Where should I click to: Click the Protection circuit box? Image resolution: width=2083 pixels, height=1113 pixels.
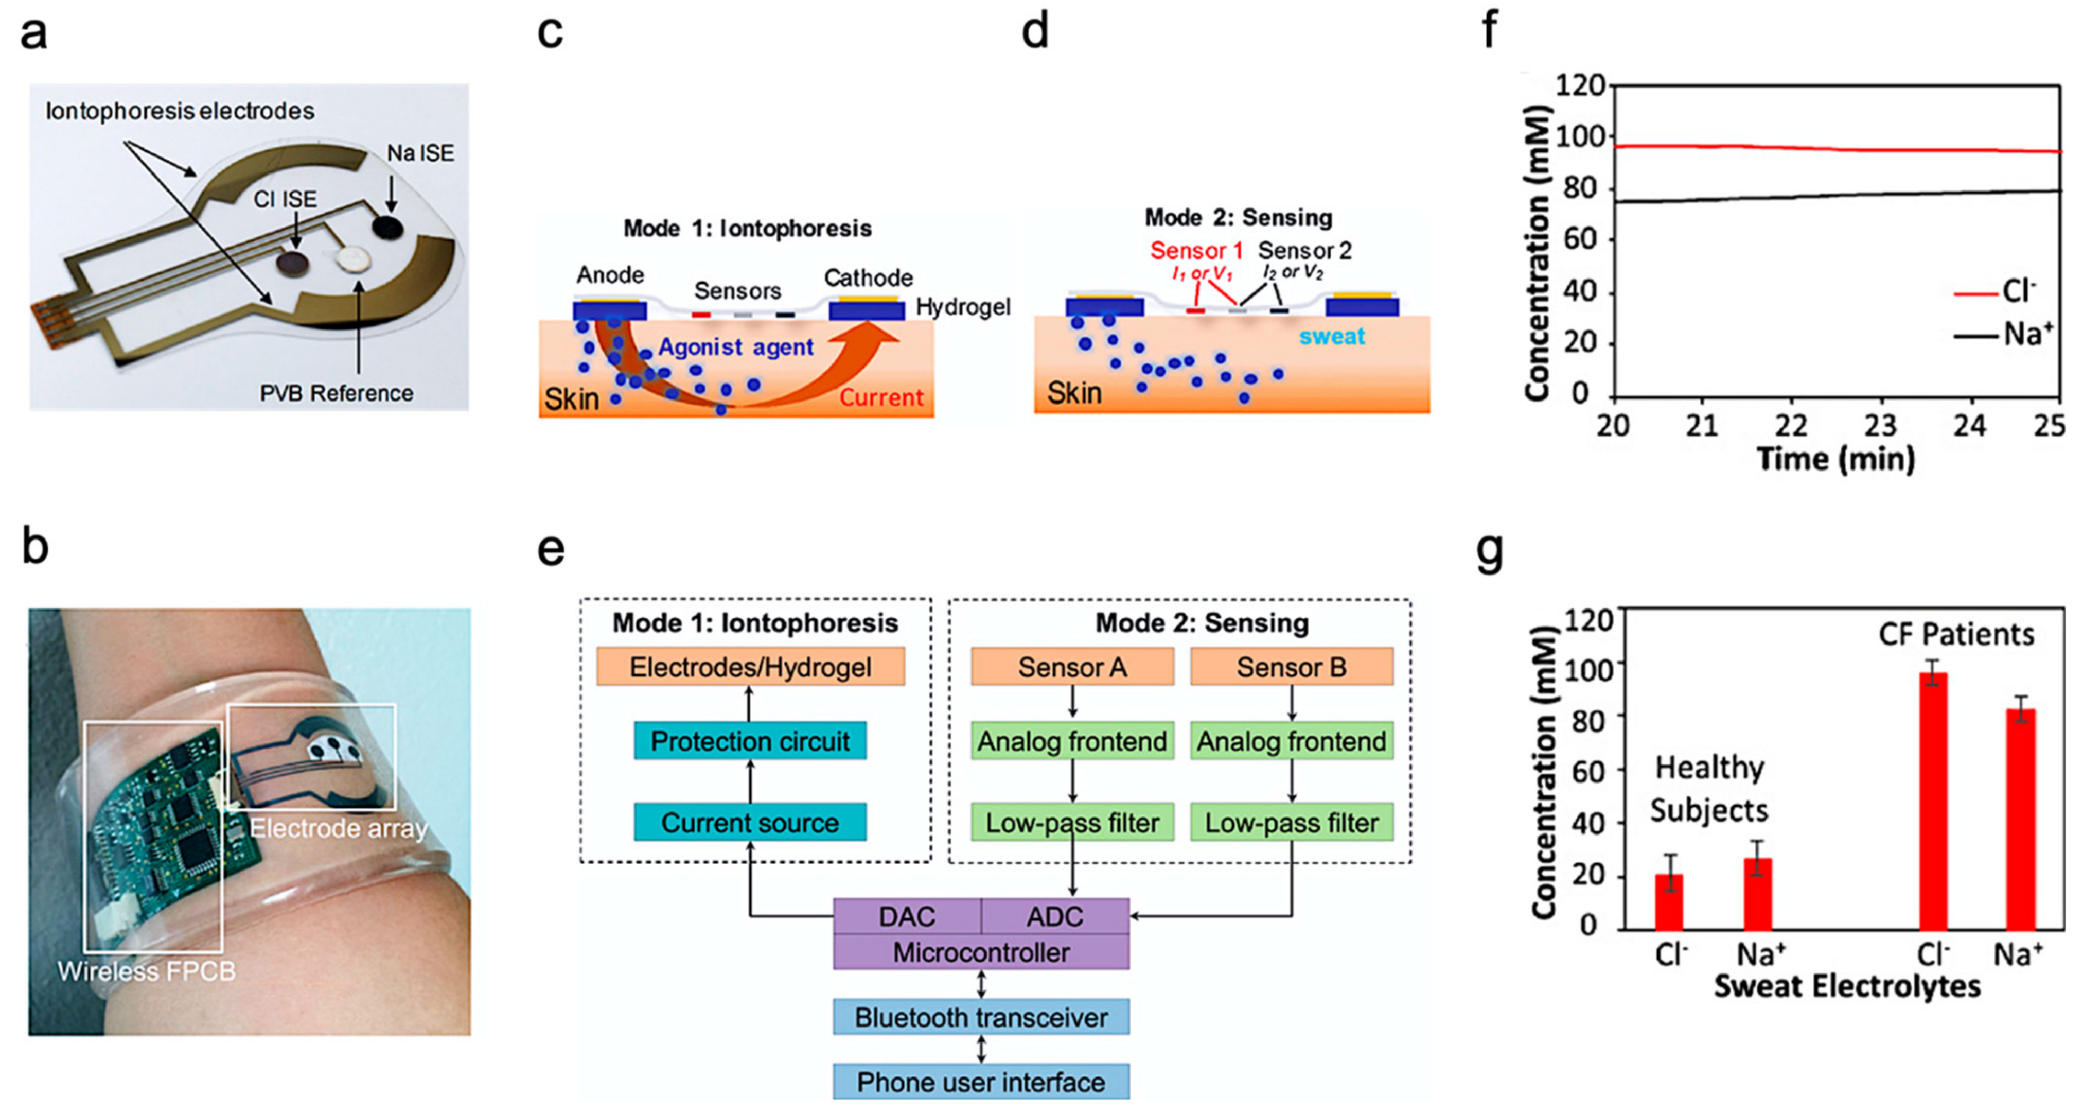click(750, 740)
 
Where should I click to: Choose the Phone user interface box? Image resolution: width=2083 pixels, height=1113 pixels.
click(981, 1082)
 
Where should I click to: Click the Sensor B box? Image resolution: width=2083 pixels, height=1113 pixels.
click(1292, 667)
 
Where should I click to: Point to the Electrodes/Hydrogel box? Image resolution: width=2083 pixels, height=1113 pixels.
click(750, 667)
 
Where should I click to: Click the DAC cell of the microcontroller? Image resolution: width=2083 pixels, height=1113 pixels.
click(907, 916)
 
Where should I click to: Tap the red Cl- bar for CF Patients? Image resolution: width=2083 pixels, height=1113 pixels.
click(1933, 801)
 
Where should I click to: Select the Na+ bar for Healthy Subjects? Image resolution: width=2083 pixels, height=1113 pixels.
click(1758, 893)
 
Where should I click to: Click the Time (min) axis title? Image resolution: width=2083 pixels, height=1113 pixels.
click(1835, 459)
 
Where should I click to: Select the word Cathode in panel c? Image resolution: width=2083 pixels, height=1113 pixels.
click(868, 277)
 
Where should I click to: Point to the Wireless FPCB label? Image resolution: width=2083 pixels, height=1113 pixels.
click(146, 970)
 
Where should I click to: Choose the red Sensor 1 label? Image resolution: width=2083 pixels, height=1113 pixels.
click(1196, 251)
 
